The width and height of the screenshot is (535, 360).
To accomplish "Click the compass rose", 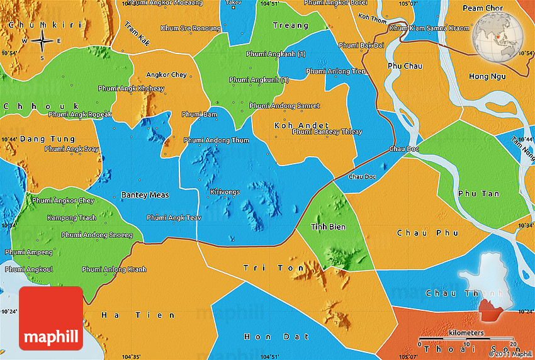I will pyautogui.click(x=42, y=42).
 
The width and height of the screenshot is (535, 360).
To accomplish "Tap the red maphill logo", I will pyautogui.click(x=51, y=318).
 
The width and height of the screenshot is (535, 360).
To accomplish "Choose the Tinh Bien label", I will pyautogui.click(x=328, y=227).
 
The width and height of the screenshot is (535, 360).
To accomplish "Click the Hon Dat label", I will pyautogui.click(x=266, y=337).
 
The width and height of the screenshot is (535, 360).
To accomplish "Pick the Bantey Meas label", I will pyautogui.click(x=145, y=195).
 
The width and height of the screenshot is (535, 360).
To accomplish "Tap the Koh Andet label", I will pyautogui.click(x=293, y=125).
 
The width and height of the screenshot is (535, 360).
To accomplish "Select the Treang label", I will pyautogui.click(x=291, y=26).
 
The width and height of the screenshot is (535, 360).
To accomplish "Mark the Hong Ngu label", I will pyautogui.click(x=487, y=76).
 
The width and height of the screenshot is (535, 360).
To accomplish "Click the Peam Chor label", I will pyautogui.click(x=484, y=8).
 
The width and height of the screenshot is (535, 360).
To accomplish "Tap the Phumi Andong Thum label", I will pyautogui.click(x=216, y=140).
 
